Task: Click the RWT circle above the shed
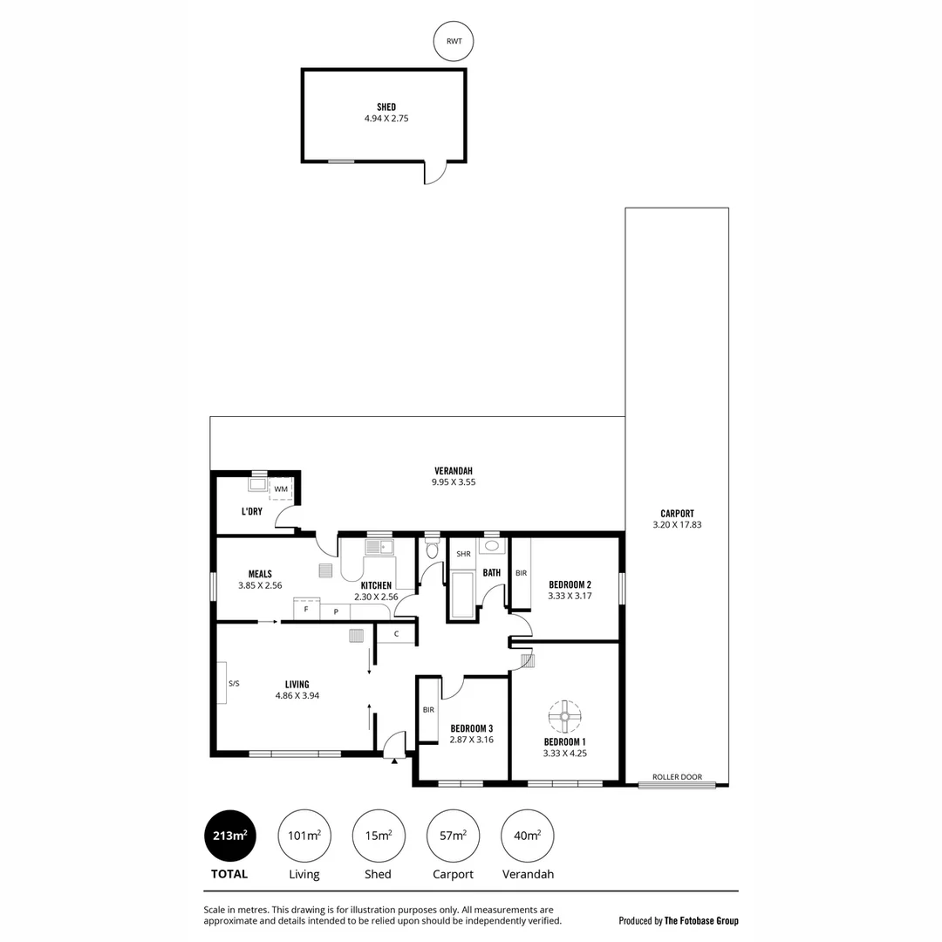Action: coord(454,42)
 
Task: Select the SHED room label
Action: coord(386,107)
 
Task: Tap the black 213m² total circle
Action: coord(229,836)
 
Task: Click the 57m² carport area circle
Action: coord(453,836)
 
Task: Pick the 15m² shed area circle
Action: coord(379,836)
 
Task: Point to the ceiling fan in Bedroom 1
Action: coord(564,717)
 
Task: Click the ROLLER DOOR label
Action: coord(677,776)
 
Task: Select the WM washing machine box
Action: coord(280,489)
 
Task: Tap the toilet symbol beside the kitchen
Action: coord(431,549)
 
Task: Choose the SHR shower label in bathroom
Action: coord(463,554)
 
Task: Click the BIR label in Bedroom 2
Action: coord(521,573)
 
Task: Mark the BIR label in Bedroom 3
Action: coord(428,710)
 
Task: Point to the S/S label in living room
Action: coord(234,684)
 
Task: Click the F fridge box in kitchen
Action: coord(305,610)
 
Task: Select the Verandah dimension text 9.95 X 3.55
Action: coord(454,481)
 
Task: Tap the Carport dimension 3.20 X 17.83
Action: coord(677,525)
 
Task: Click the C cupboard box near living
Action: coord(396,633)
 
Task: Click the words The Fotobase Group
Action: coord(701,920)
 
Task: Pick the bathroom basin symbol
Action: coord(492,546)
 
